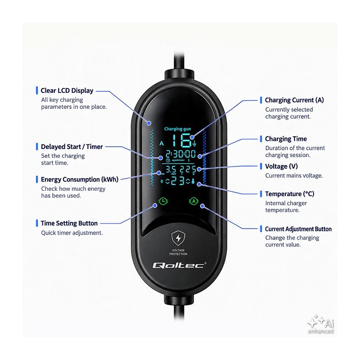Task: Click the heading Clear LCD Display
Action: pyautogui.click(x=67, y=91)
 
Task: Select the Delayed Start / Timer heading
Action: pyautogui.click(x=72, y=147)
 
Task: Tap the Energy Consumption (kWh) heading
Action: pyautogui.click(x=80, y=180)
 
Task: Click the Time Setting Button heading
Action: pyautogui.click(x=69, y=223)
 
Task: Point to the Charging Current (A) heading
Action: pyautogui.click(x=294, y=100)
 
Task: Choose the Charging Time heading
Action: pyautogui.click(x=286, y=139)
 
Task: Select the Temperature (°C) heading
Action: pyautogui.click(x=289, y=194)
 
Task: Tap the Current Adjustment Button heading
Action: pyautogui.click(x=298, y=229)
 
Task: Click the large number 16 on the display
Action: pyautogui.click(x=182, y=140)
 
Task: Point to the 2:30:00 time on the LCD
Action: pyautogui.click(x=181, y=154)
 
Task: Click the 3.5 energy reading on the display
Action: pyautogui.click(x=171, y=170)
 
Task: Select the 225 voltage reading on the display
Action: pyautogui.click(x=188, y=170)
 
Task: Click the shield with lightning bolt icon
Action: pyautogui.click(x=178, y=238)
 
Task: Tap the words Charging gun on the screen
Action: pyautogui.click(x=177, y=129)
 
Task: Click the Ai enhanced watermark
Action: pyautogui.click(x=321, y=324)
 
